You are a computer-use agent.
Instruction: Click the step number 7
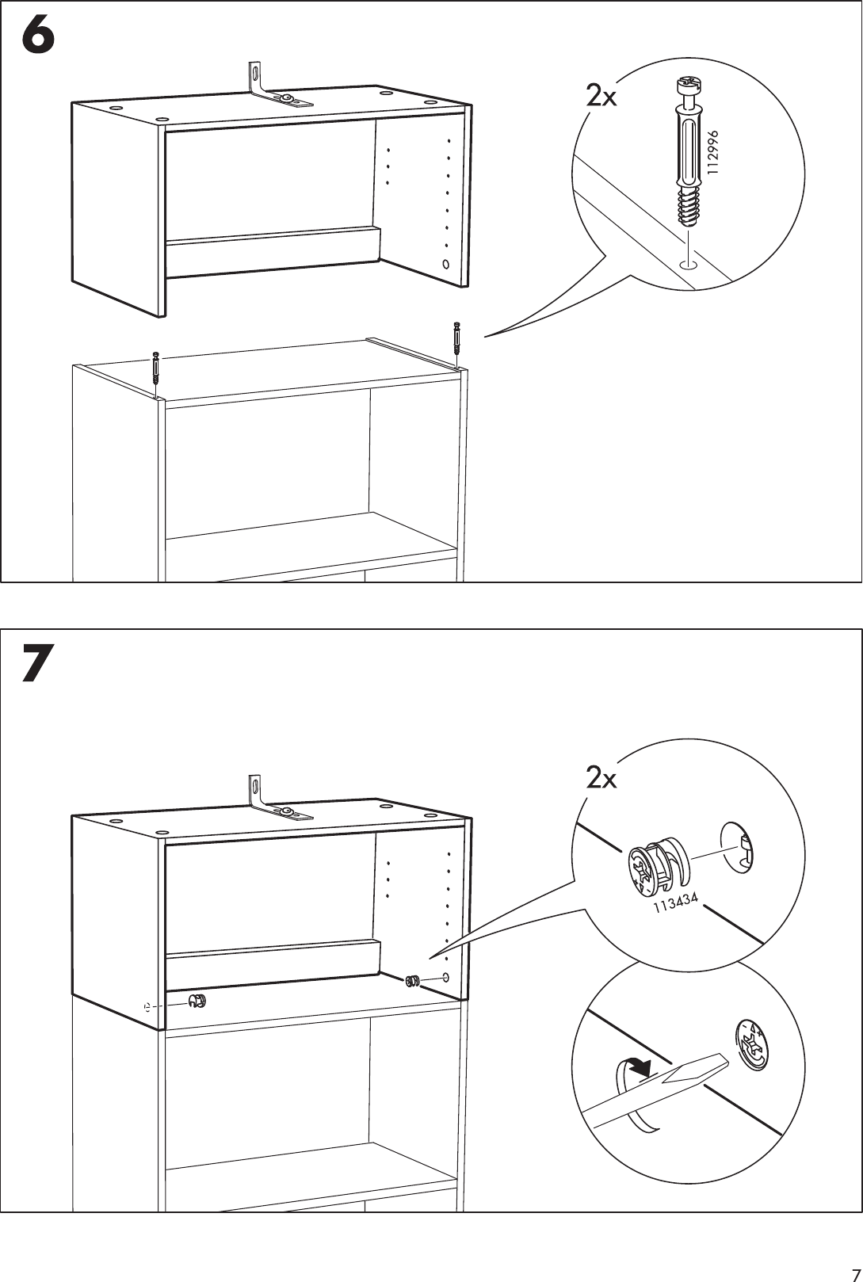[x=38, y=664]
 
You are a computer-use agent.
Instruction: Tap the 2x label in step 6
[x=601, y=97]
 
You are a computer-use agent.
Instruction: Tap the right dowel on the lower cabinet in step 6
[x=456, y=338]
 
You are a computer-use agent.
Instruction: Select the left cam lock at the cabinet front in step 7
[x=197, y=1002]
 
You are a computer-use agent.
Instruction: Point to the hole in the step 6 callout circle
[x=688, y=265]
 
